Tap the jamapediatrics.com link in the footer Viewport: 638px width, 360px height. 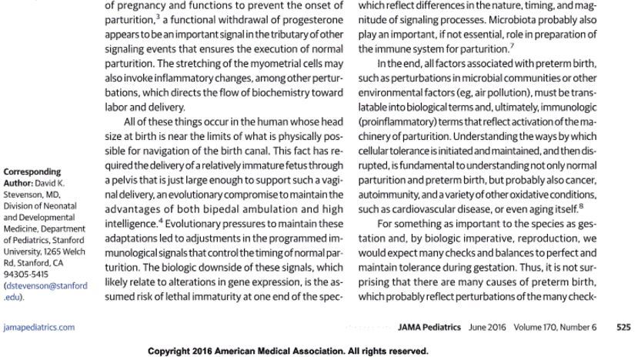point(39,327)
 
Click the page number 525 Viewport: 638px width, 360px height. point(623,327)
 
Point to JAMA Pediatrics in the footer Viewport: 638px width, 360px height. point(429,327)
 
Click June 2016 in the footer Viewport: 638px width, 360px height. point(487,327)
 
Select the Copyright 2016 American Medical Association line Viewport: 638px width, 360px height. point(288,351)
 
